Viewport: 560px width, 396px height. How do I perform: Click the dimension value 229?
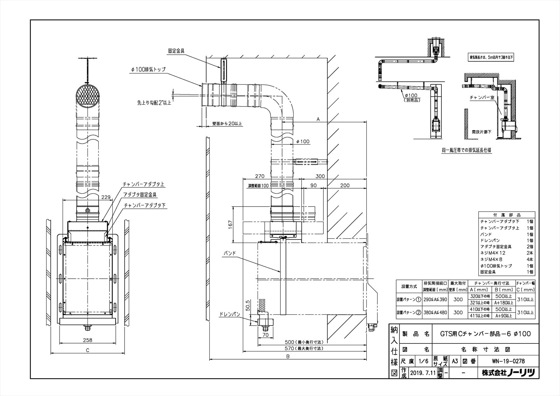tap(106, 197)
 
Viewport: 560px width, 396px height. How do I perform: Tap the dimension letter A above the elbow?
tap(318, 119)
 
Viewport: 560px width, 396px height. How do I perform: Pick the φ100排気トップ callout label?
tap(148, 69)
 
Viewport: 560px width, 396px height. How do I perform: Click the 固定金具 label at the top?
tap(176, 50)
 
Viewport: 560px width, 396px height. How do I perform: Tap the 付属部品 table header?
tap(506, 215)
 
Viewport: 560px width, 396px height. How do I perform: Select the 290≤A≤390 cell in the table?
tap(435, 299)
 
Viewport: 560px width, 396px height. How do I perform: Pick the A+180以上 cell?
tap(504, 303)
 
